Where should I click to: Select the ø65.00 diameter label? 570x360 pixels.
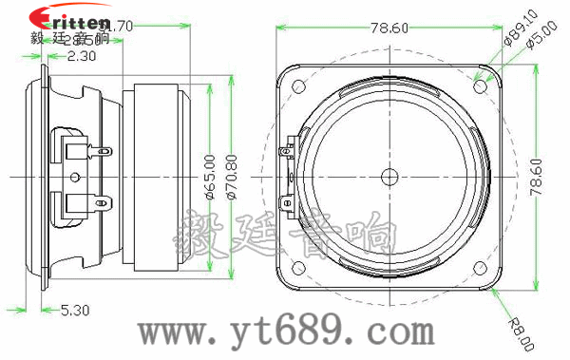point(209,176)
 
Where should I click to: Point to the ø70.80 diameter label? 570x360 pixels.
point(229,176)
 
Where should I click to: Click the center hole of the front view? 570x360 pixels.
point(389,177)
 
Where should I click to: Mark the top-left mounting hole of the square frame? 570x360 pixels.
point(299,86)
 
